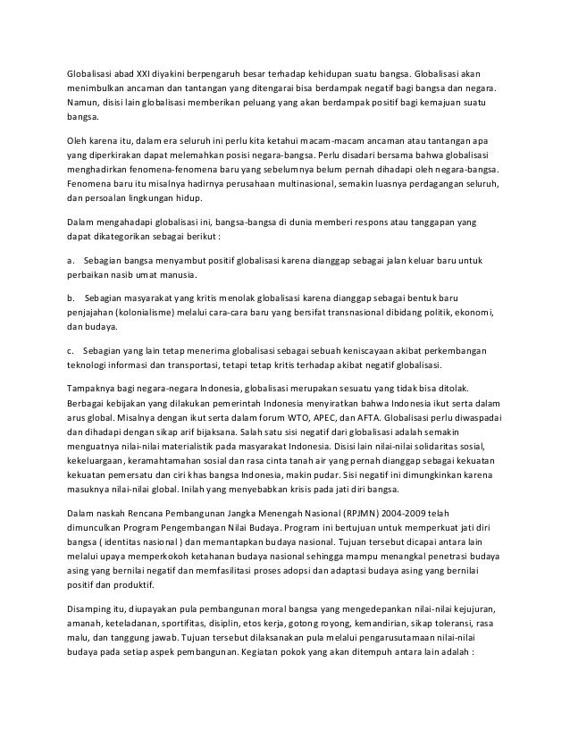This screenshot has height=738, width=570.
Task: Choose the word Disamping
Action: point(93,610)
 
